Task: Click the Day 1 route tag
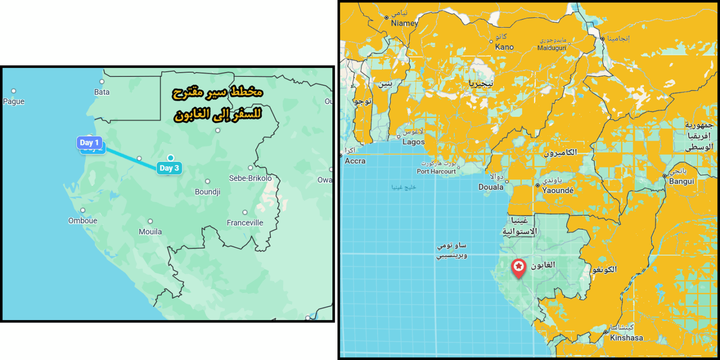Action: (89, 143)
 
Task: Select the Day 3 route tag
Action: (169, 168)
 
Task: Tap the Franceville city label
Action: (245, 223)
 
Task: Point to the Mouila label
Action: (150, 232)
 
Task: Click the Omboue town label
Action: (82, 221)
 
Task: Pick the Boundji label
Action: (207, 192)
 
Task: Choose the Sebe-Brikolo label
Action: (250, 178)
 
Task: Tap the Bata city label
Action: (102, 92)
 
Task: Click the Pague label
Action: (14, 101)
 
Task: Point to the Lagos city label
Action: (413, 142)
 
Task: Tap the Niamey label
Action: (404, 23)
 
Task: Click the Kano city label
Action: (504, 47)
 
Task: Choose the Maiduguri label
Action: (552, 48)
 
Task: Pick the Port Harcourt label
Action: (436, 172)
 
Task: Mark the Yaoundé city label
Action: (557, 190)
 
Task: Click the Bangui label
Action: (682, 181)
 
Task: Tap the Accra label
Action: (354, 161)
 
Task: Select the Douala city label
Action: (490, 187)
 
